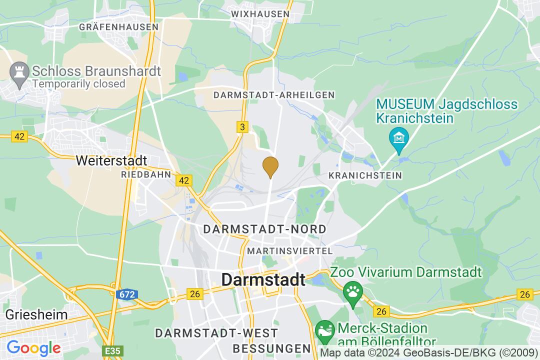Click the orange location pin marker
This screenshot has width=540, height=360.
point(270,166)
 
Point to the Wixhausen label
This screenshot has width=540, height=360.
point(261,14)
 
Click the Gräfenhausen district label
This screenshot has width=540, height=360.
point(118,27)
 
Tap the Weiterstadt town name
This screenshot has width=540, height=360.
point(111,160)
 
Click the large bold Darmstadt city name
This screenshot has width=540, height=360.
point(263,280)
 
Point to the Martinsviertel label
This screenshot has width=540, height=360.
point(290,250)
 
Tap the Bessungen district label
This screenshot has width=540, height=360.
point(272,348)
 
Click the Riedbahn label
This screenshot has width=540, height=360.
point(146,175)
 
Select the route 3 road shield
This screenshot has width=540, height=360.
point(242,127)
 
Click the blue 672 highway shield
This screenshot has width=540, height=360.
point(126,295)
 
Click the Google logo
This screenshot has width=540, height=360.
point(33,347)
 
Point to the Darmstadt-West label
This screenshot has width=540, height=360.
point(216,333)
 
